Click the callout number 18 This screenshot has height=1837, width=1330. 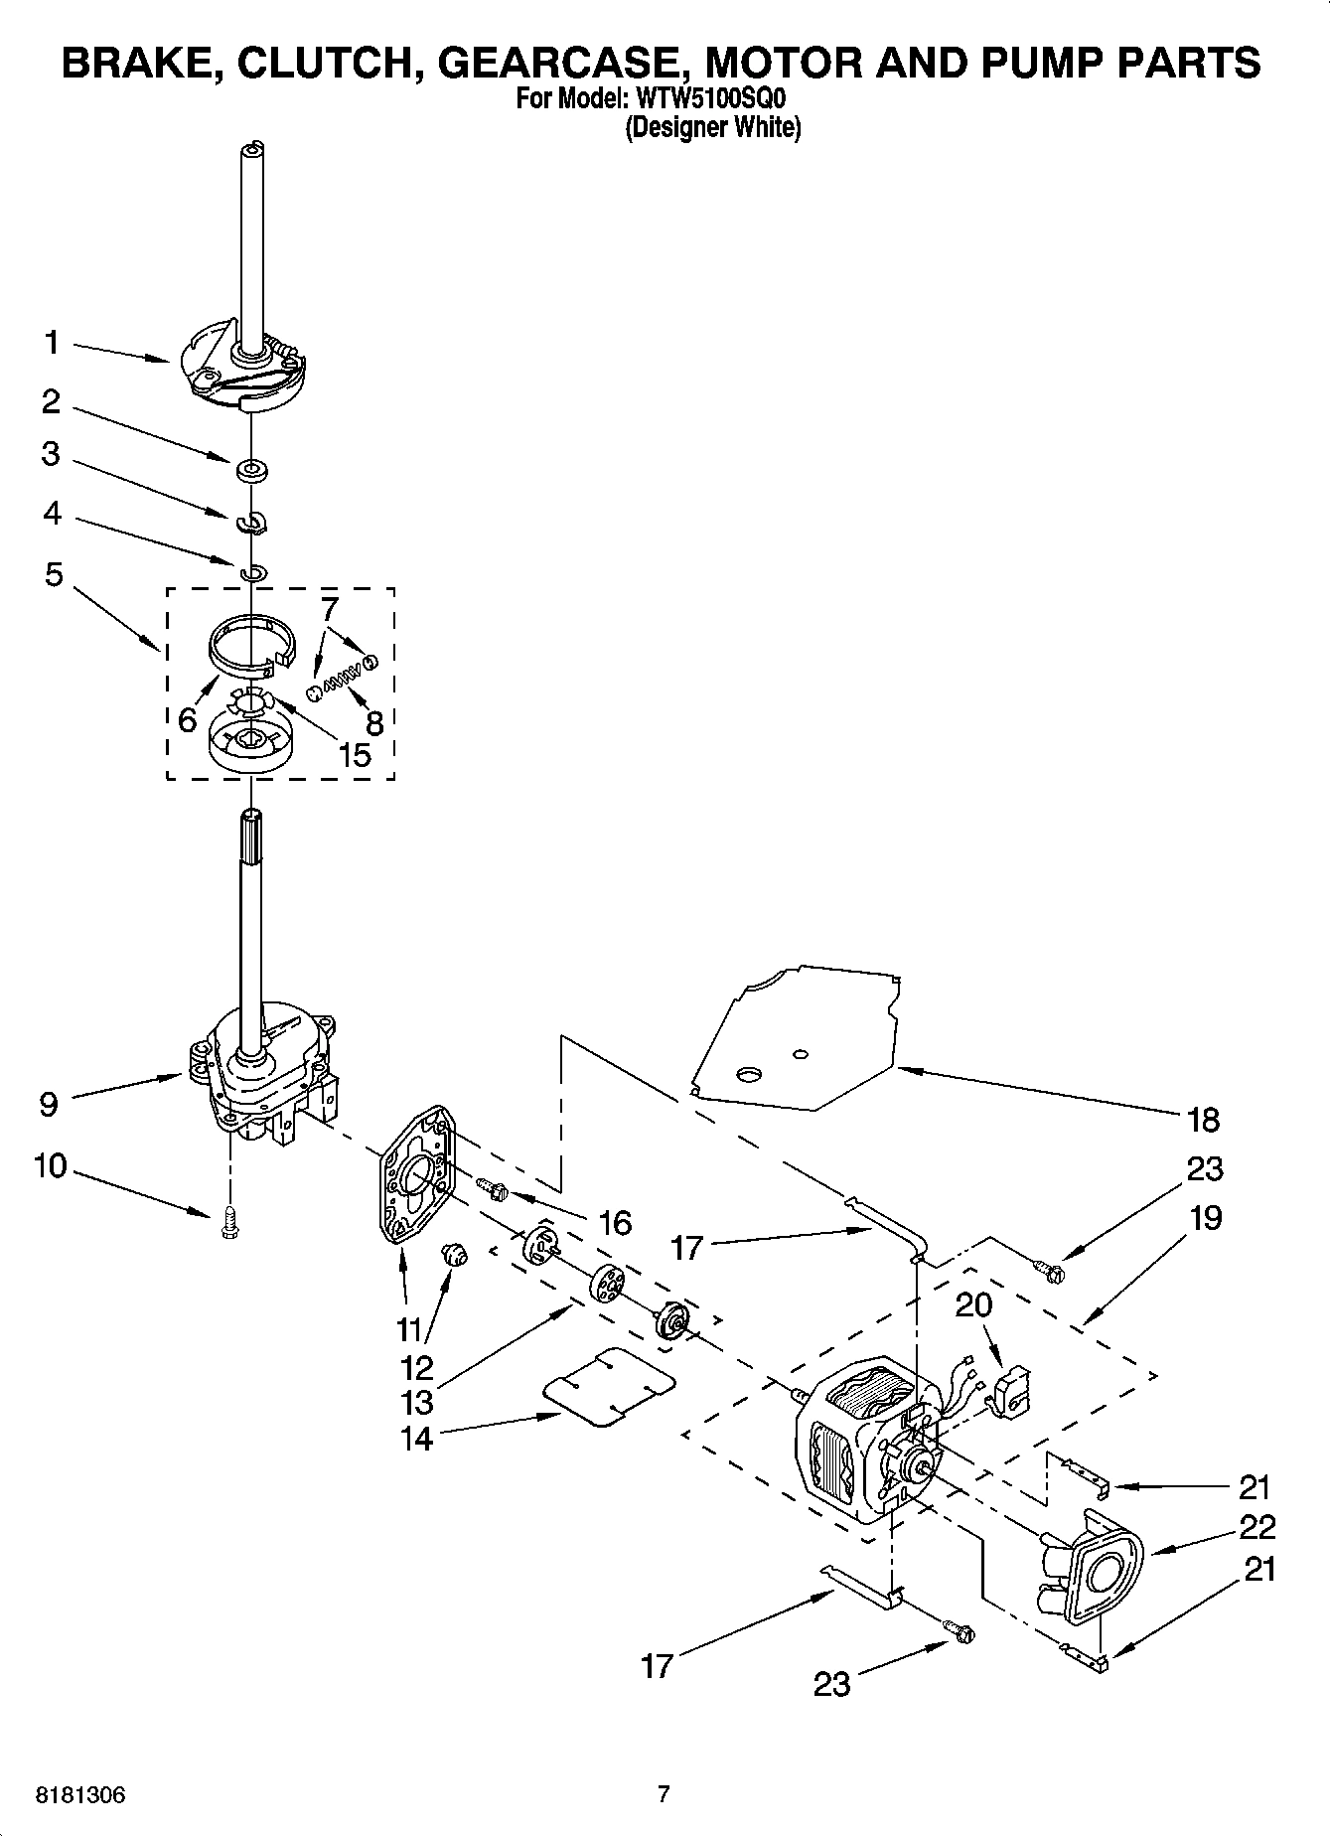(x=1203, y=1120)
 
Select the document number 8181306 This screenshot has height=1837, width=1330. (x=81, y=1795)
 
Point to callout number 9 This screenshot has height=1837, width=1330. (x=49, y=1104)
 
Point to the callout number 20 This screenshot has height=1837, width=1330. (x=973, y=1303)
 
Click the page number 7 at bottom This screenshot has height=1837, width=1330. (x=665, y=1793)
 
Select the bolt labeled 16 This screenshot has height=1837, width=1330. (x=494, y=1187)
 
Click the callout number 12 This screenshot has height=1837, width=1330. (x=417, y=1367)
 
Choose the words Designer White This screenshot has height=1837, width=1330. (x=712, y=128)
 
